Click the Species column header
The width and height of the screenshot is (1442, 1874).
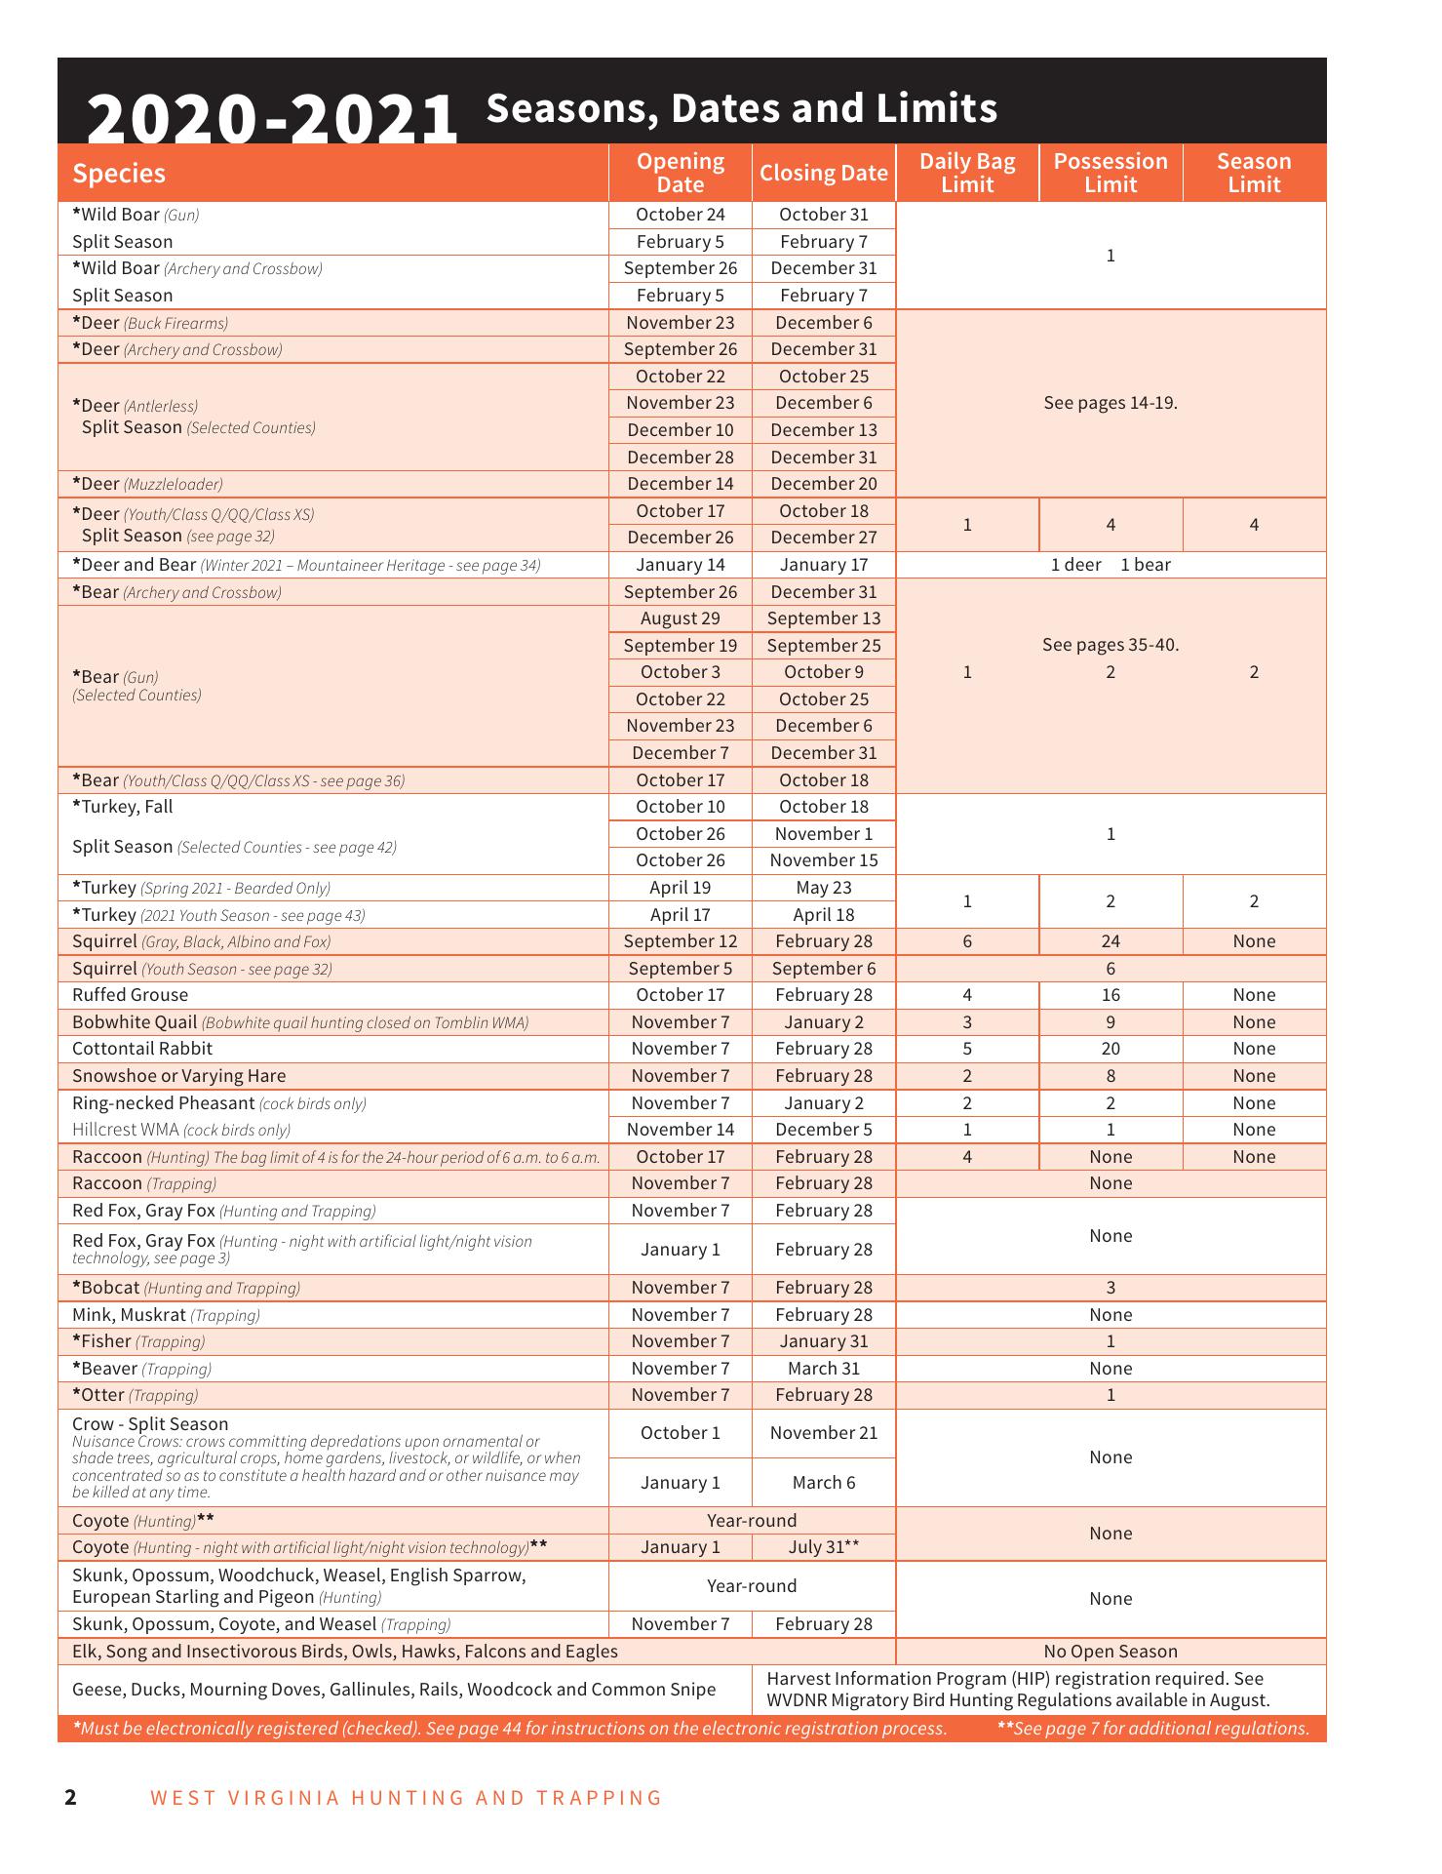coord(119,174)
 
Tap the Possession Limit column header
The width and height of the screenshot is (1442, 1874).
coord(1111,173)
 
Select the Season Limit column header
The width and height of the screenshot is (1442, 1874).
coord(1254,173)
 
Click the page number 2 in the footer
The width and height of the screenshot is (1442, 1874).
coord(70,1797)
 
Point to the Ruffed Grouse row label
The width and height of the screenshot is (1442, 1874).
coord(130,995)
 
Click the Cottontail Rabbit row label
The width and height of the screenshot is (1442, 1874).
coord(142,1049)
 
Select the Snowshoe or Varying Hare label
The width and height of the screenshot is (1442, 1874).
coord(179,1076)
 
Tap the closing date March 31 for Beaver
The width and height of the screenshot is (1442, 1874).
coord(824,1369)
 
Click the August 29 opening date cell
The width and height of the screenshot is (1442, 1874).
coord(681,618)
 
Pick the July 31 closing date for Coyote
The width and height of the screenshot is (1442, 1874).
coord(824,1547)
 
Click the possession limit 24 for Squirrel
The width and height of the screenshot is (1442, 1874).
coord(1111,941)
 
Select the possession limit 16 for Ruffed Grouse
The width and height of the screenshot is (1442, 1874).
coord(1111,995)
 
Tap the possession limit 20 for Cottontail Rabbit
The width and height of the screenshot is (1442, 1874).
coord(1111,1049)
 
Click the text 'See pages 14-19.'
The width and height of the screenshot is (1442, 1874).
coord(1111,403)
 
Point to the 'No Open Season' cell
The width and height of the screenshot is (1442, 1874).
coord(1111,1652)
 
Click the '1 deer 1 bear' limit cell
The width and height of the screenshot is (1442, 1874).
coord(1111,565)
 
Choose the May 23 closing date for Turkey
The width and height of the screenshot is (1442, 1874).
coord(824,888)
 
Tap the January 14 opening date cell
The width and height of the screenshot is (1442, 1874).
coord(681,565)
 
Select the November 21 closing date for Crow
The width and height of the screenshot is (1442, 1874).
coord(824,1433)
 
